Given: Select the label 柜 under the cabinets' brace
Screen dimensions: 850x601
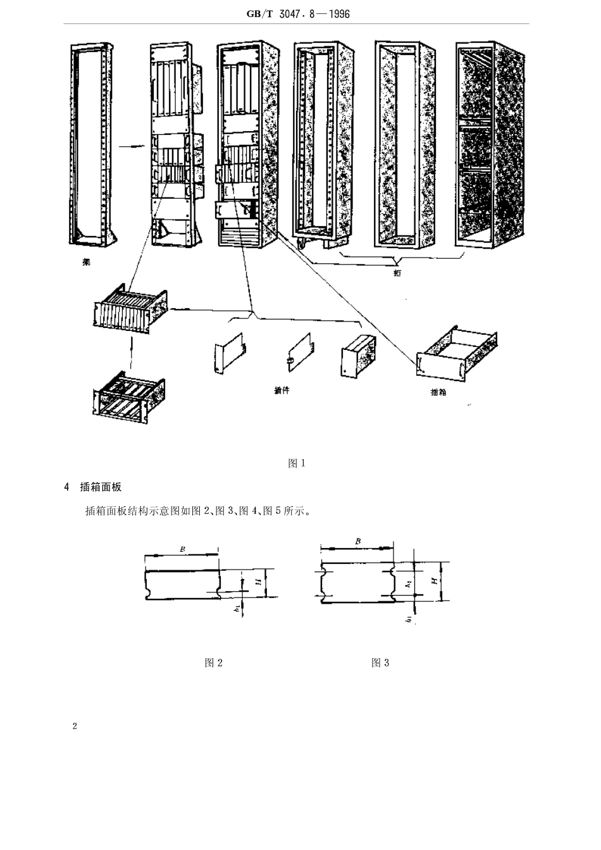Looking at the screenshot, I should click(397, 273).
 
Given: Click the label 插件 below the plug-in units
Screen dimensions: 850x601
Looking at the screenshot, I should click(282, 391).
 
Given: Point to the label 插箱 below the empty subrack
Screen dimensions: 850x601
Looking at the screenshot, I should click(438, 392).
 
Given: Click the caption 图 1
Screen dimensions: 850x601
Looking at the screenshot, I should click(297, 463).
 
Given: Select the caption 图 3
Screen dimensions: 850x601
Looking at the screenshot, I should click(380, 663).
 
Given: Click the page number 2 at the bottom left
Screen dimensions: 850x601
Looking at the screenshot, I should click(75, 726).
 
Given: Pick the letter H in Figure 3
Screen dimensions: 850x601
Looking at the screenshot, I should click(434, 581).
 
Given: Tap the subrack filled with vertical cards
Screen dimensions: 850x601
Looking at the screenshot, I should click(130, 309).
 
